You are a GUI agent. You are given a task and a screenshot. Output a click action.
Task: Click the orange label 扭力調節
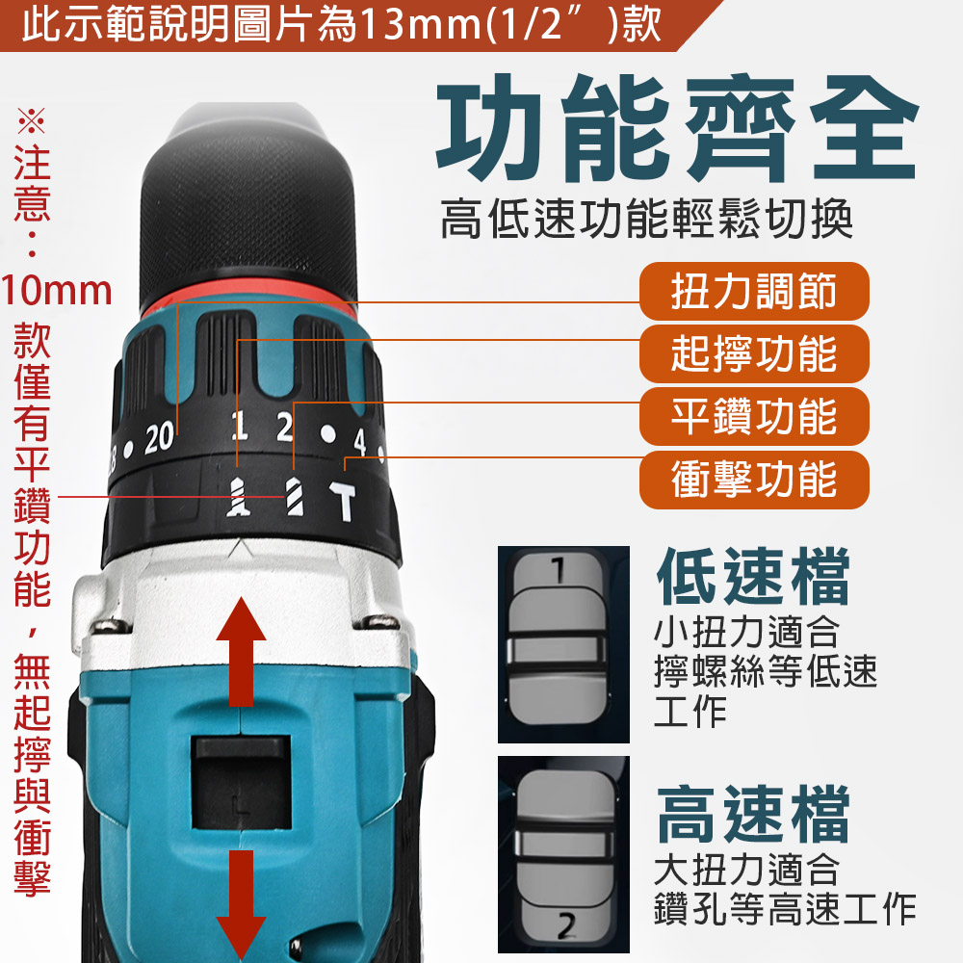coord(754,292)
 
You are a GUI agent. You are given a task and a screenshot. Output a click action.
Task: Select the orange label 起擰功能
coord(754,354)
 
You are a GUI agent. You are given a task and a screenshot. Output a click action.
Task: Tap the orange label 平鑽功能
coord(754,417)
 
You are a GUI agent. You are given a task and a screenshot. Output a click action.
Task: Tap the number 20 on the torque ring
coord(160,439)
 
